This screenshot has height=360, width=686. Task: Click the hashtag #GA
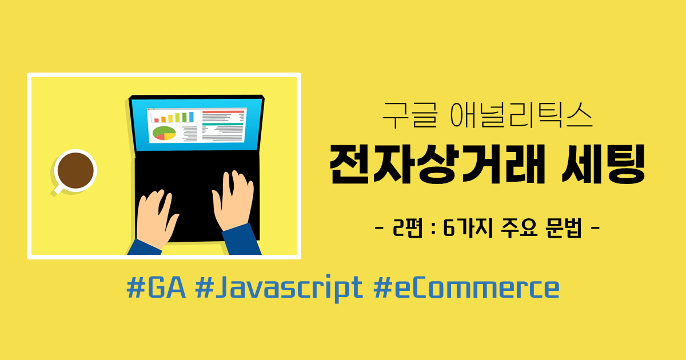(156, 287)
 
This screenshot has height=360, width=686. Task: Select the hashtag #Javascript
(279, 289)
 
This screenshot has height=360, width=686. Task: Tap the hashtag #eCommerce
(466, 287)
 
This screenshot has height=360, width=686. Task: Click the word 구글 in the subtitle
(410, 115)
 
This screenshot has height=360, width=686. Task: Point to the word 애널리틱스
(521, 115)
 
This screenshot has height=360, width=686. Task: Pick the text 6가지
(468, 228)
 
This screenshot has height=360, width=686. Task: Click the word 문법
(564, 228)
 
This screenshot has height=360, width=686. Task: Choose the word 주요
(520, 228)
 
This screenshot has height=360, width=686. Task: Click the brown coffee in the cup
(75, 170)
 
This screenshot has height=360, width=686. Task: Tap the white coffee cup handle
(58, 190)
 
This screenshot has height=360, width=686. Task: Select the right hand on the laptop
(233, 201)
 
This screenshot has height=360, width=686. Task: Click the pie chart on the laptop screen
(164, 133)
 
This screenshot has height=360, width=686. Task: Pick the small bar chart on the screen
(174, 117)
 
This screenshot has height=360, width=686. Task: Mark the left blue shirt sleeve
(145, 247)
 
